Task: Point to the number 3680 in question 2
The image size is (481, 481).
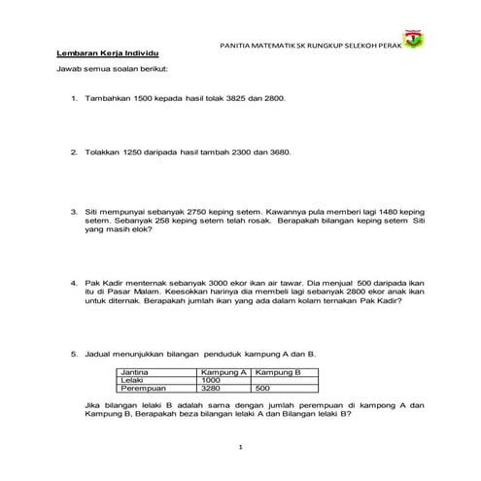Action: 278,153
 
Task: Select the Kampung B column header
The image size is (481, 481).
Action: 275,372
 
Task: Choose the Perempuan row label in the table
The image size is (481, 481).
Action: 140,389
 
